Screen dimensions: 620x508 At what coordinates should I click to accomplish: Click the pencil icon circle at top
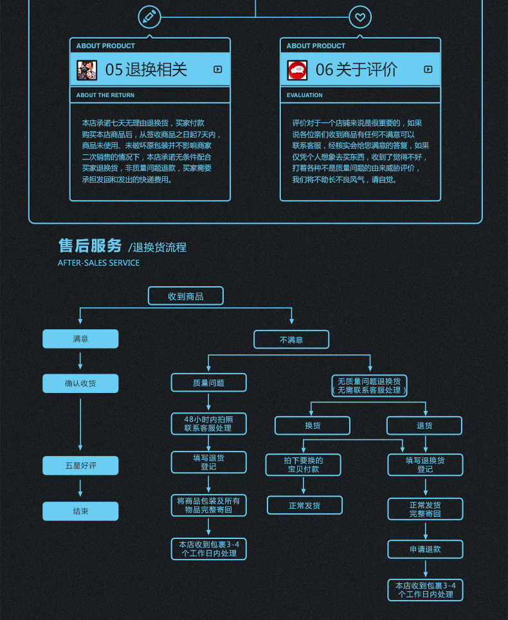[150, 17]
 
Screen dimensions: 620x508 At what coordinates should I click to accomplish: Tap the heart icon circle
[360, 17]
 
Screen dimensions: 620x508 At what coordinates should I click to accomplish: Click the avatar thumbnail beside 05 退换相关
[87, 69]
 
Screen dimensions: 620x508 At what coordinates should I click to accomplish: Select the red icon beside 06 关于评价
[297, 69]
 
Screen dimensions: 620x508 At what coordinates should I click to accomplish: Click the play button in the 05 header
[218, 69]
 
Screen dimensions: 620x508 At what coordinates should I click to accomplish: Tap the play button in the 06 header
[428, 69]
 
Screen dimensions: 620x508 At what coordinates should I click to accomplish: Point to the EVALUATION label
[305, 95]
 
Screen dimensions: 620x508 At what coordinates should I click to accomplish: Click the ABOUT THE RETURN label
[105, 95]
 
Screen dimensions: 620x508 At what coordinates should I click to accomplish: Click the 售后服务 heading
[90, 246]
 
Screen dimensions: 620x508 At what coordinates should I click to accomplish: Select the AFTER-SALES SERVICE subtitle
[98, 263]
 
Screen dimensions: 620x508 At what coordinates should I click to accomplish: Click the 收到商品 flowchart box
[186, 296]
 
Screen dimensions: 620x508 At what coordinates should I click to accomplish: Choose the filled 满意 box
[80, 339]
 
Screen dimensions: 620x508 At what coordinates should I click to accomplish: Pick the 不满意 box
[291, 340]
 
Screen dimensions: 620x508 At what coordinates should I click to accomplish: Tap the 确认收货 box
[80, 383]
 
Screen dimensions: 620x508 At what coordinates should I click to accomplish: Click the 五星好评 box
[80, 466]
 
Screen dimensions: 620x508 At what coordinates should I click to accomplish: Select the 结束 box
[80, 511]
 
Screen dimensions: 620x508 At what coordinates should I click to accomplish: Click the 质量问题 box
[208, 383]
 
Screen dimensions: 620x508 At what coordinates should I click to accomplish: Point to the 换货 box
[313, 426]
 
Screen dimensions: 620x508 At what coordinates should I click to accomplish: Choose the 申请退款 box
[425, 549]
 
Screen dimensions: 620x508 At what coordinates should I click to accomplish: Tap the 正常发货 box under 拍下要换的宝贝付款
[305, 506]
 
